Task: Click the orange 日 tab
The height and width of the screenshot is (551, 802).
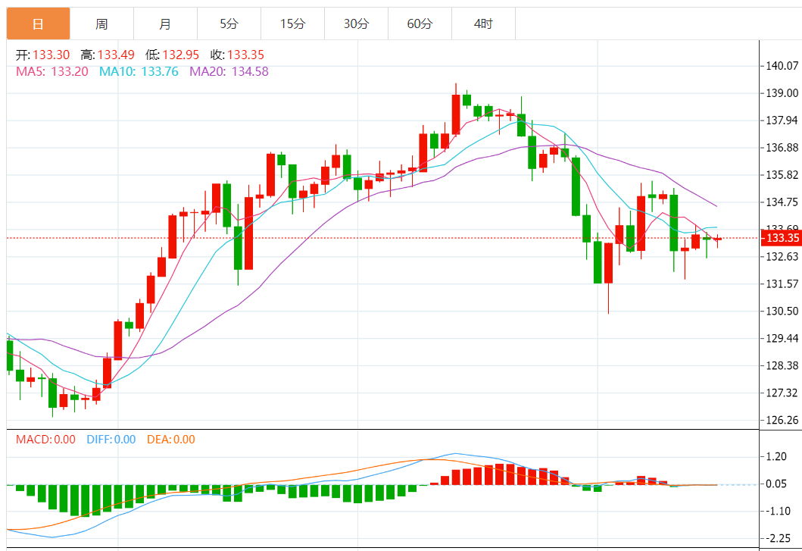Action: (38, 24)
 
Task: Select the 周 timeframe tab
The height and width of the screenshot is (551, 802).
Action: (101, 24)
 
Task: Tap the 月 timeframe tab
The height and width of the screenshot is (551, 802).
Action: (165, 24)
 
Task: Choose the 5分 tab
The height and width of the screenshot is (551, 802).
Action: (229, 24)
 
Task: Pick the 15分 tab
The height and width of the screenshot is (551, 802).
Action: (292, 24)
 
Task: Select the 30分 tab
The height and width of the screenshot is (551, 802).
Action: (356, 24)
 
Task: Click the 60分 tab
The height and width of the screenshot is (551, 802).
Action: (420, 24)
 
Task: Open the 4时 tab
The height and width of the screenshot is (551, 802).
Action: (483, 24)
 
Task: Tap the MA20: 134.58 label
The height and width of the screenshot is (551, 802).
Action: (229, 71)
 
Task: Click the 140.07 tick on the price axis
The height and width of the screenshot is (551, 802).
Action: (782, 66)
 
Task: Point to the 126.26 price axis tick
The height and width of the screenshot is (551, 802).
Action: (782, 420)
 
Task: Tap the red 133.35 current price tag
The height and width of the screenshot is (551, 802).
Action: (781, 238)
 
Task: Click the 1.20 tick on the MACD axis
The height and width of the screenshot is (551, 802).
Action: (776, 456)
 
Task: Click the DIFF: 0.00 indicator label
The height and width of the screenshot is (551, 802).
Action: (111, 440)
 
